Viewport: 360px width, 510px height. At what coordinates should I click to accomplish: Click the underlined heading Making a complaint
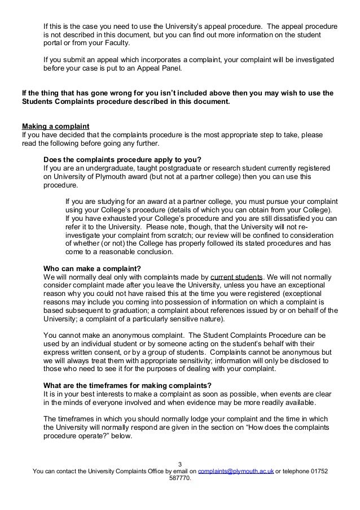[55, 125]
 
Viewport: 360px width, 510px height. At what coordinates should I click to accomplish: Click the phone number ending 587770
[180, 479]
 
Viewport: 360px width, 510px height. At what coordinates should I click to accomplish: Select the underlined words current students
[236, 277]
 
